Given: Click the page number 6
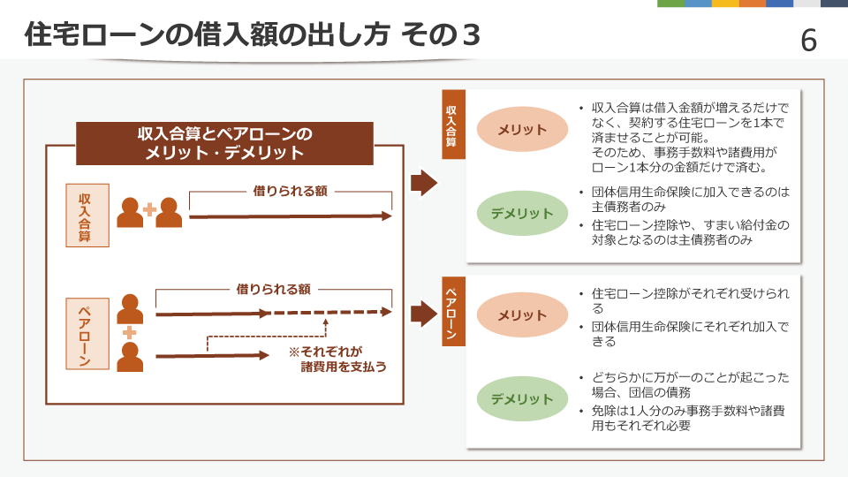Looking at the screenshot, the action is point(808,41).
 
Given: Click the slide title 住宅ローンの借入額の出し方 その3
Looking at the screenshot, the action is point(252,34).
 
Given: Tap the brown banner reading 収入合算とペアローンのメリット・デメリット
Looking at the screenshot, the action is point(224,143).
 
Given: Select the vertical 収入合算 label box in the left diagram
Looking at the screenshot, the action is point(87,216).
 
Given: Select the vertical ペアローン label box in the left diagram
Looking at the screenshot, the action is point(87,334).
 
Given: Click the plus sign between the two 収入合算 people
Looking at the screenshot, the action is point(150,209).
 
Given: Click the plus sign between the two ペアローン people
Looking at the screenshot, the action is point(129,332).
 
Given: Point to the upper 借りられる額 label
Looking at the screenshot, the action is point(291,191).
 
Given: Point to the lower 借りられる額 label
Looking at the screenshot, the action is point(273,290).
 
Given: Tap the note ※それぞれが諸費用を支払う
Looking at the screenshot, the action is point(338,360).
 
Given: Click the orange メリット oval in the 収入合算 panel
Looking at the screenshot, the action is point(522,129).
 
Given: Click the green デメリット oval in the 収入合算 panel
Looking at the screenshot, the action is point(522,213).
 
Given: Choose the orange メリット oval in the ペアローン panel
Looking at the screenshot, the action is point(522,314).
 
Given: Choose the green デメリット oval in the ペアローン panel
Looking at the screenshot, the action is point(522,398).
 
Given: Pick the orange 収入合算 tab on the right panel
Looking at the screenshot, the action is point(453,125).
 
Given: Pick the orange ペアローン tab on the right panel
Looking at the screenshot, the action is point(453,311).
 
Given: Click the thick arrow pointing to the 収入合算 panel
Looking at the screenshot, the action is point(424,183).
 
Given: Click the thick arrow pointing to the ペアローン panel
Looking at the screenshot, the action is point(424,314).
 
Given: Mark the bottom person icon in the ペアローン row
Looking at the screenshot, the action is point(131,357).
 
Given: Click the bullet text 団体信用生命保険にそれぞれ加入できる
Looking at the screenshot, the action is point(690,334).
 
